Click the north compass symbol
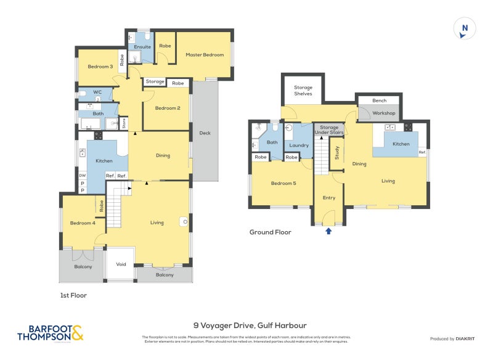tap(465, 29)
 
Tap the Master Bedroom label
tap(205, 55)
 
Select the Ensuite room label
tap(142, 47)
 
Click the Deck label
tap(205, 132)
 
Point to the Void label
tap(121, 264)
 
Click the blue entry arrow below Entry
tap(328, 231)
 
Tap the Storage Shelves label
tap(303, 91)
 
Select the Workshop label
tap(383, 113)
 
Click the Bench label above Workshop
tap(380, 100)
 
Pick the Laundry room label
tap(298, 145)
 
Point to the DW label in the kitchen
tap(82, 176)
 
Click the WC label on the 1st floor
tap(97, 92)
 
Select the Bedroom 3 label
tap(99, 67)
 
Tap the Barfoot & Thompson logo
tap(51, 333)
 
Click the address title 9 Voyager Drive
tap(250, 325)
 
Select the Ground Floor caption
tap(270, 232)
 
